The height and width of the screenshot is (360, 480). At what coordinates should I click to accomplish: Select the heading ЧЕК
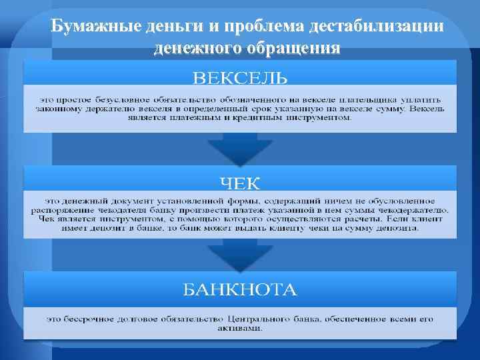point(240,181)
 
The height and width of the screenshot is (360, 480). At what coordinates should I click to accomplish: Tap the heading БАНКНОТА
point(240,290)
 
